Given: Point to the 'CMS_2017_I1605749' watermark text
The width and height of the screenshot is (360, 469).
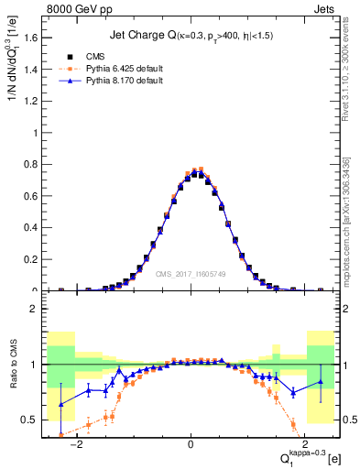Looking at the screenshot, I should pyautogui.click(x=191, y=273).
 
